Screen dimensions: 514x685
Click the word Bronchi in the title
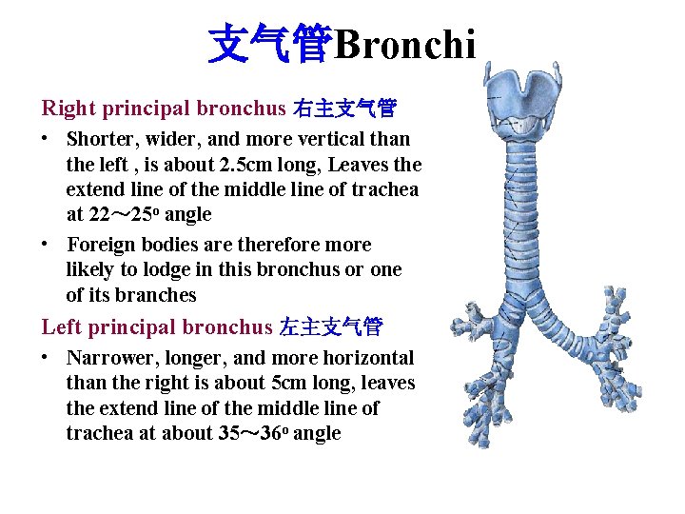tap(404, 44)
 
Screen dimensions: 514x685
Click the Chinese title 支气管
tap(269, 44)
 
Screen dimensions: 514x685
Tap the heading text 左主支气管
tap(331, 327)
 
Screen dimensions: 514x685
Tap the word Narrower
tap(109, 358)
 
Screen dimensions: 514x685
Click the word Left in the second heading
tap(61, 327)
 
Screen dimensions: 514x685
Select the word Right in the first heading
tap(68, 109)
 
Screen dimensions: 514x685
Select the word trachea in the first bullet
tap(384, 189)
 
